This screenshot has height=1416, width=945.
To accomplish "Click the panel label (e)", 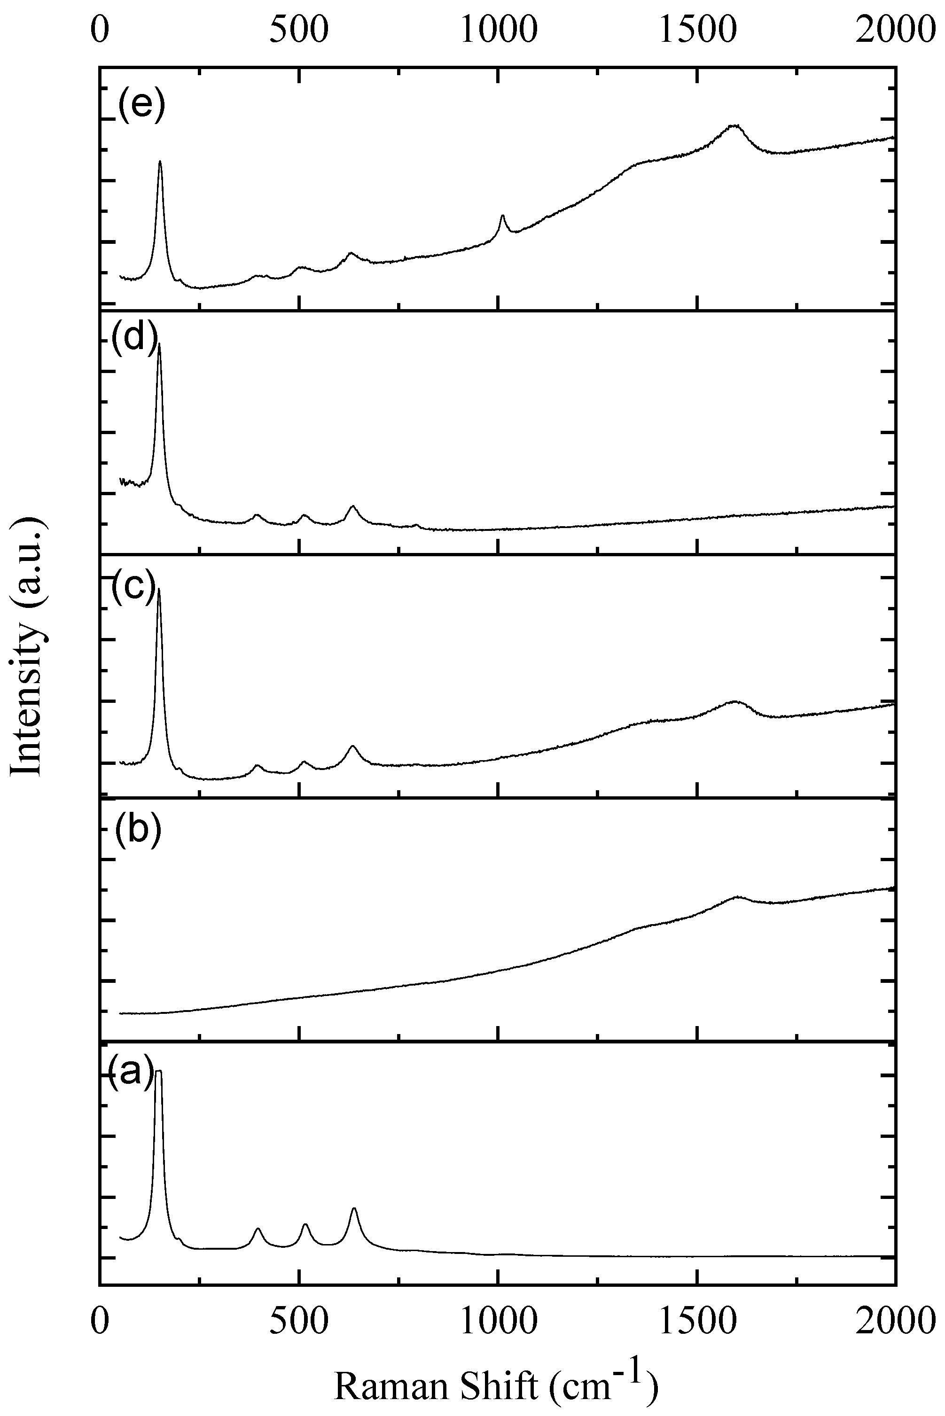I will tap(141, 107).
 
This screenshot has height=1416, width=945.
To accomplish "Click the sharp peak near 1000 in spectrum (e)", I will tap(502, 216).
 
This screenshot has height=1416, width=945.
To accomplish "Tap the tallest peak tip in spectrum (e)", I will tap(160, 162).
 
